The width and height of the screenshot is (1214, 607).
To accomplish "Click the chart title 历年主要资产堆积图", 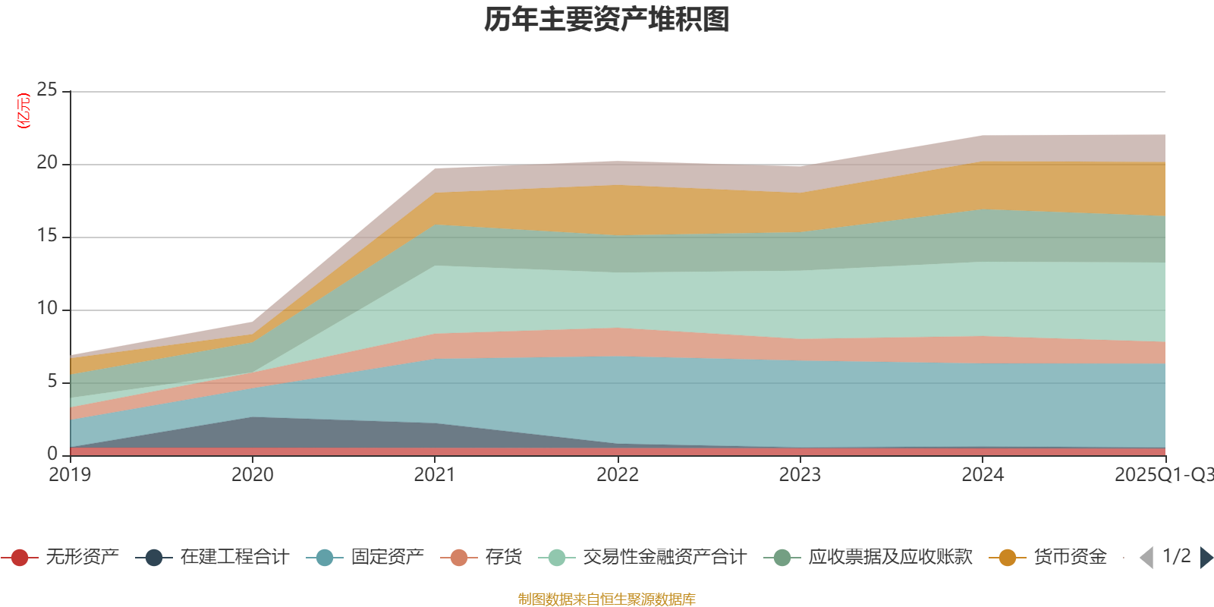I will coord(607,20).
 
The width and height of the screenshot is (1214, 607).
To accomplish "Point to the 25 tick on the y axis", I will coord(47,90).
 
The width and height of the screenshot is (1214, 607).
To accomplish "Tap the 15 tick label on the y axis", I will coord(47,236).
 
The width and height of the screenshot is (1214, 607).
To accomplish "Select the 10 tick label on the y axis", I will coord(47,309).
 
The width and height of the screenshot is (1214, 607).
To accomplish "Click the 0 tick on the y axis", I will coord(52,454).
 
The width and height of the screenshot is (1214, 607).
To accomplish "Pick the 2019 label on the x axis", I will coord(70,475).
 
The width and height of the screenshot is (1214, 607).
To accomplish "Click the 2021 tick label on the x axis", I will coord(435,475).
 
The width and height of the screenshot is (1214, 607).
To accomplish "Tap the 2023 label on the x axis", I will coord(800,475).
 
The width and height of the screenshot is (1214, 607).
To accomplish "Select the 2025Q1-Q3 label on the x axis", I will coord(1163,475).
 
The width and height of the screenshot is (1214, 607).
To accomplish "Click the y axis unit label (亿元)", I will coord(24,111).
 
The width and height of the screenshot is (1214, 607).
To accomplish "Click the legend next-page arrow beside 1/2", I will coord(1206,558).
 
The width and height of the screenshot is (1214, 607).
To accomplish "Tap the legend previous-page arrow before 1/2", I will coord(1146,558).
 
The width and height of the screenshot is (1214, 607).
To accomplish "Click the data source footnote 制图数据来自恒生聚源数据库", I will coord(607,599).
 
